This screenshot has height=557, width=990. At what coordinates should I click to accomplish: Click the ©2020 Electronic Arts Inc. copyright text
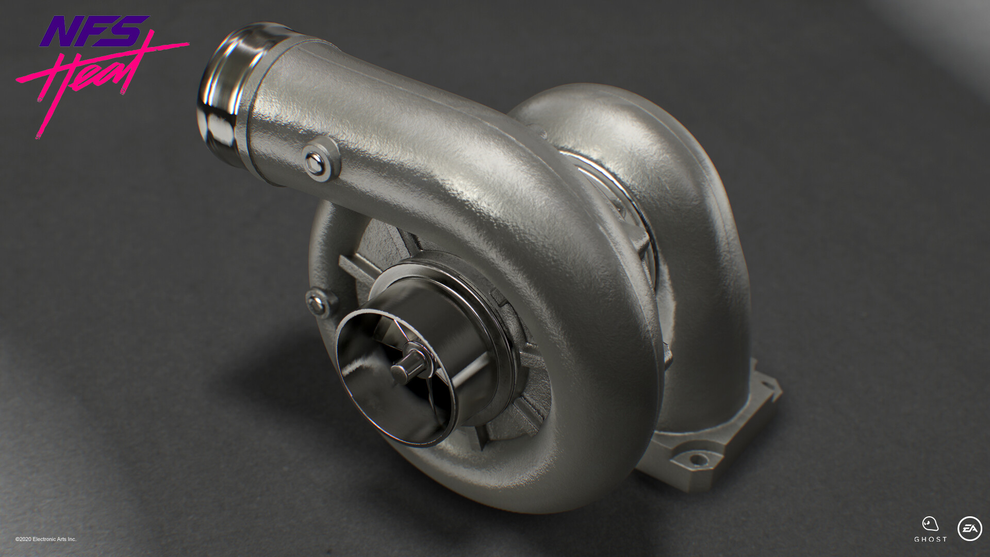[x=46, y=539]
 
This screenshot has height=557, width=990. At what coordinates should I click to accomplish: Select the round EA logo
[x=969, y=529]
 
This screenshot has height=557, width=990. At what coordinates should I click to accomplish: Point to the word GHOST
[x=931, y=539]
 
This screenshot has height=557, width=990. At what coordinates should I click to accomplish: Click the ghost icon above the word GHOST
[x=930, y=523]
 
